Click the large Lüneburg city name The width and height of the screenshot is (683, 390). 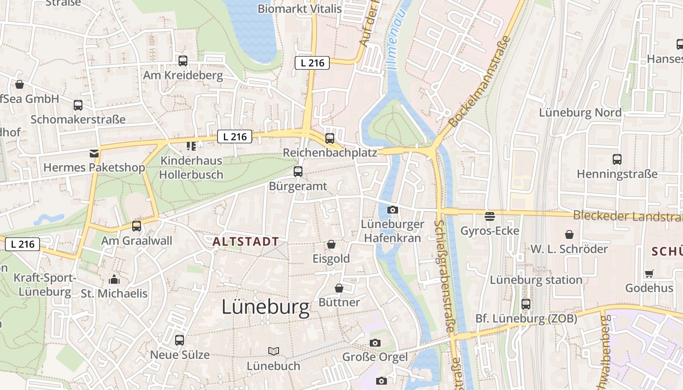pos(265,307)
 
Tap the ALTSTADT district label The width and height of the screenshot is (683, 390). pos(246,241)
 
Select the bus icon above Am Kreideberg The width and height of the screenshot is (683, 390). pos(183,61)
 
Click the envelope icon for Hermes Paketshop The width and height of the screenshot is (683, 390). pos(94,154)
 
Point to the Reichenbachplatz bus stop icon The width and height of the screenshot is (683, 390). pos(330,138)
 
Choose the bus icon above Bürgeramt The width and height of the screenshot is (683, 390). pos(298,172)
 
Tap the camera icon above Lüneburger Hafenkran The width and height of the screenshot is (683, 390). pos(392,210)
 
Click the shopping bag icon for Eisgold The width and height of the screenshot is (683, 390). pos(331,244)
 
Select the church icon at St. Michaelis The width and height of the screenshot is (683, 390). pos(114,279)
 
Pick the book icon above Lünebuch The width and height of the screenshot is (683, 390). pos(274,351)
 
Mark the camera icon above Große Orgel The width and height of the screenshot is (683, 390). pos(375,343)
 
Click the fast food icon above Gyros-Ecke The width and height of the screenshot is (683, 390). pos(490,216)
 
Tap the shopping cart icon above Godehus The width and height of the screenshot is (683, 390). pos(649,273)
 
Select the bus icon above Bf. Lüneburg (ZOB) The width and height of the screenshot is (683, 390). pos(526,304)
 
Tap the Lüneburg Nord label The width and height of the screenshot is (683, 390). pos(580,113)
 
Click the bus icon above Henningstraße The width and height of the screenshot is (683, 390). pos(617,159)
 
